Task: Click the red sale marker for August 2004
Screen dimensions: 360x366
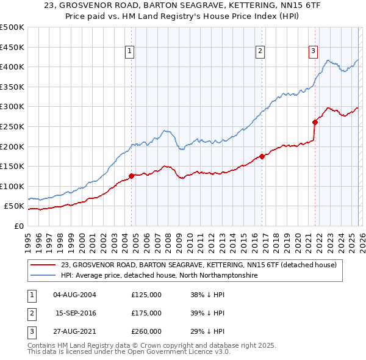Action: coord(131,176)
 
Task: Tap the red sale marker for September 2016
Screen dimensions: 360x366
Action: coord(262,156)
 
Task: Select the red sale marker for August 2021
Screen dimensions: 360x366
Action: coord(315,122)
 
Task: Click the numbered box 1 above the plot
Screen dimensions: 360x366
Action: coord(131,52)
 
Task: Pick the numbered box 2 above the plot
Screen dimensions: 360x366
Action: coord(260,52)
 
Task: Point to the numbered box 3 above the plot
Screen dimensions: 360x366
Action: coord(313,52)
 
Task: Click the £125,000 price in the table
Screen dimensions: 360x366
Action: coord(146,295)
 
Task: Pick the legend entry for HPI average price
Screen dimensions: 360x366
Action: coord(159,276)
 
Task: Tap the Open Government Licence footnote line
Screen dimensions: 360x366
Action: coord(129,352)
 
